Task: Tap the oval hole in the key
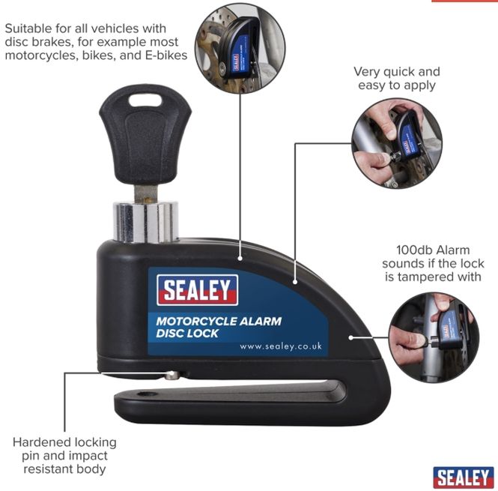tap(145, 100)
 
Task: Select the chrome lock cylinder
tap(145, 222)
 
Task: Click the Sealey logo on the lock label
tap(197, 289)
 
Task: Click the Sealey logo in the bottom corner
tap(464, 478)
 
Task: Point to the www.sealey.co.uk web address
tap(281, 346)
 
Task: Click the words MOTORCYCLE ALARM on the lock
tap(219, 321)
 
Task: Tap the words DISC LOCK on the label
tap(187, 334)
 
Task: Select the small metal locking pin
tap(171, 376)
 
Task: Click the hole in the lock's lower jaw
tap(147, 394)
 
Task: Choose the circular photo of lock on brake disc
tap(240, 48)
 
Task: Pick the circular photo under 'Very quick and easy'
tap(397, 143)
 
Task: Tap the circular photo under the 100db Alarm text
tap(434, 337)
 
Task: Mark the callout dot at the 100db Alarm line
tap(351, 338)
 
